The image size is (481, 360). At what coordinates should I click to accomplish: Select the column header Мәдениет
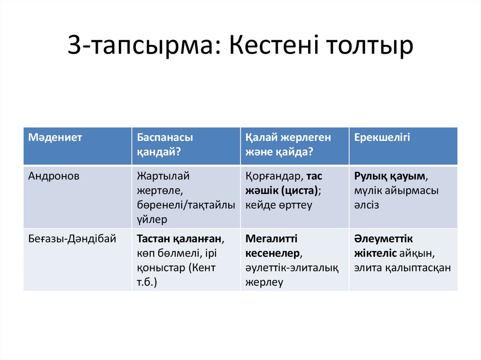55,138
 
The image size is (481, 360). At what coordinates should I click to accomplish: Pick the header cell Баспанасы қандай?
165,145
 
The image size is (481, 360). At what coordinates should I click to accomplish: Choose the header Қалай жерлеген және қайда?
288,145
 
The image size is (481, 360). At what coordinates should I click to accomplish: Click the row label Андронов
54,176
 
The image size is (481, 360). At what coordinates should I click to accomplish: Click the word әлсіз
367,206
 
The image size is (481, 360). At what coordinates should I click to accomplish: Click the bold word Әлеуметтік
384,239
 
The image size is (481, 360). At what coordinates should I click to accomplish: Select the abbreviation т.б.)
147,283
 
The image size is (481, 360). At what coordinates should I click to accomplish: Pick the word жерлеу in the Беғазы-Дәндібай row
264,283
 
